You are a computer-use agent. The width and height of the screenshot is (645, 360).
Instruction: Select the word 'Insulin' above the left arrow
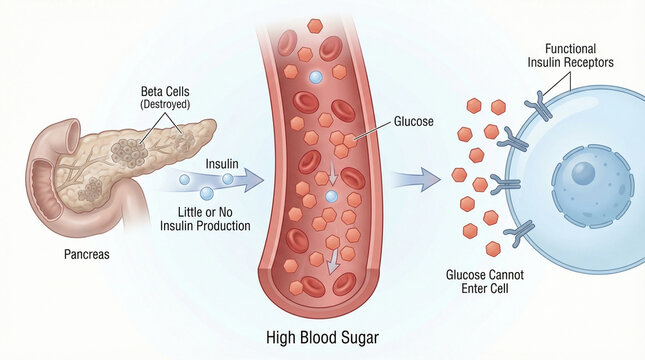[x=222, y=163]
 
